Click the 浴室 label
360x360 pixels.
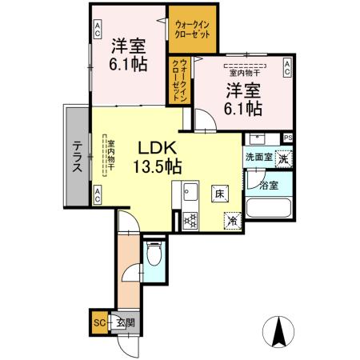coord(269,186)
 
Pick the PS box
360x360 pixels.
coord(287,138)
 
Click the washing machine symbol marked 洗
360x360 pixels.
coord(282,158)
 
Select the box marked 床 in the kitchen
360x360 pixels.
coord(218,192)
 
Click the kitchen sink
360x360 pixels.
coord(190,192)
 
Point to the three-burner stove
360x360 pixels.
coord(190,218)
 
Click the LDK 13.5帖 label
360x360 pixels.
coord(157,157)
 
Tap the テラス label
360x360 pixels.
coord(78,157)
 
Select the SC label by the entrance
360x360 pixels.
coord(99,323)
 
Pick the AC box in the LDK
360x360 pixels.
coord(98,193)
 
